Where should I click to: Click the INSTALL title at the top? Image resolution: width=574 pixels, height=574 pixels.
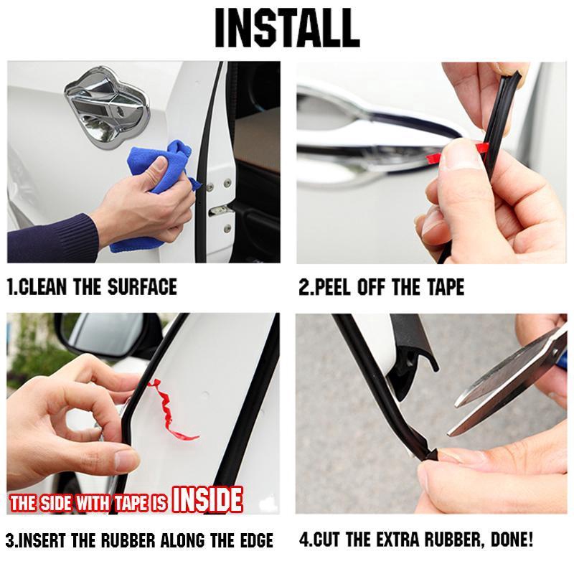[x=287, y=29]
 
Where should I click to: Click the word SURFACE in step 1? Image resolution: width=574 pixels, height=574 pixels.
[x=143, y=288]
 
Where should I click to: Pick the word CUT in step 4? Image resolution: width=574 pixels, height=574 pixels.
[x=326, y=540]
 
